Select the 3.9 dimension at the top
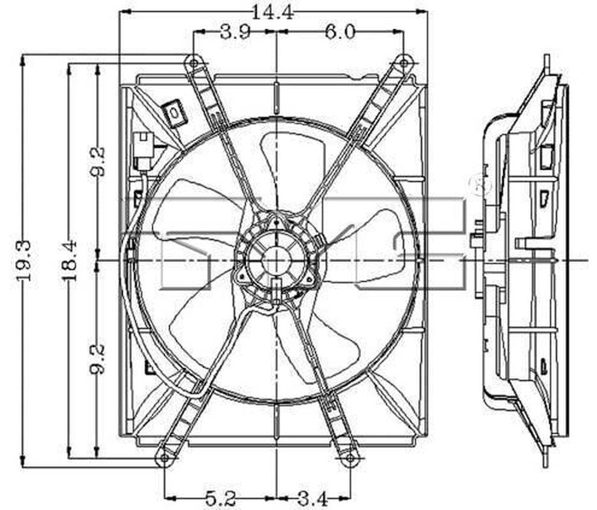(235, 33)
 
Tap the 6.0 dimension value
(340, 33)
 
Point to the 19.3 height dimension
(24, 261)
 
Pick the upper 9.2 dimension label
(98, 162)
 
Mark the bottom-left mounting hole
(165, 458)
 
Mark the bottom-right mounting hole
(350, 458)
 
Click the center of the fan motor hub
(276, 260)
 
